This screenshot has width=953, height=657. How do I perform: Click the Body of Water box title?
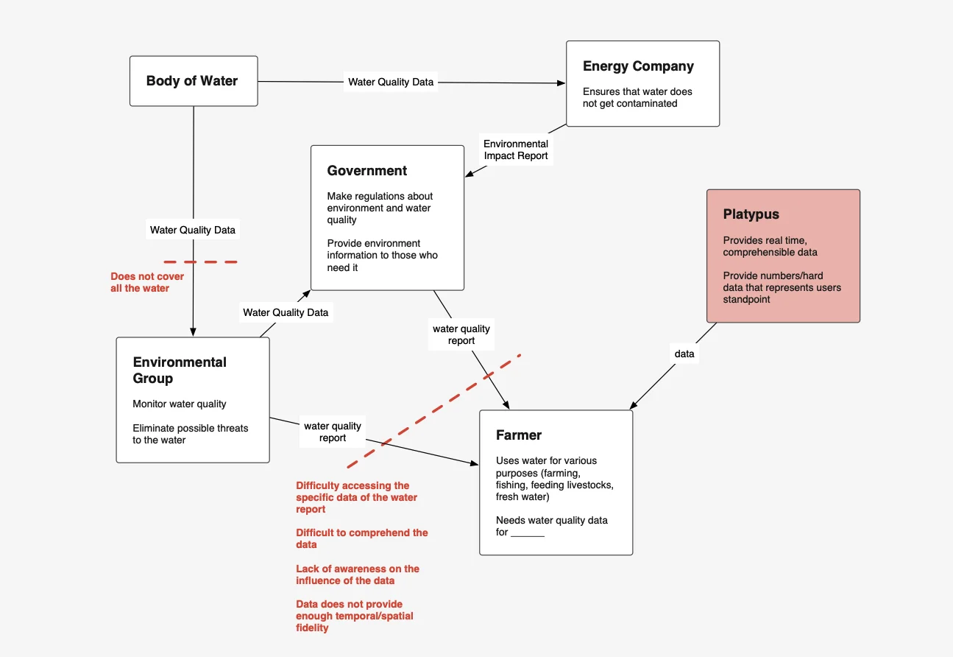click(x=192, y=81)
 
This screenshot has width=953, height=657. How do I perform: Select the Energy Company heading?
click(x=638, y=66)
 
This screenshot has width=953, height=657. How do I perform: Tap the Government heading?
click(x=366, y=171)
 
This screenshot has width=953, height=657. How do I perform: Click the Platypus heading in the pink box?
click(x=751, y=215)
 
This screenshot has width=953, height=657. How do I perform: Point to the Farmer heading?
click(x=519, y=435)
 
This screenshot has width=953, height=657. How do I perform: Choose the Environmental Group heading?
click(x=180, y=370)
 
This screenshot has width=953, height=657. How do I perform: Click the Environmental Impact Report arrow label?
click(x=515, y=150)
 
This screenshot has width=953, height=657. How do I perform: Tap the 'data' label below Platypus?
click(x=684, y=354)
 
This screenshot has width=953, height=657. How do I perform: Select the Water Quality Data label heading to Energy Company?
click(x=391, y=82)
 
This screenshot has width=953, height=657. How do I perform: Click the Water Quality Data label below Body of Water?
click(x=193, y=230)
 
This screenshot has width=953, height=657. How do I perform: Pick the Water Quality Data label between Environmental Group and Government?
click(x=286, y=312)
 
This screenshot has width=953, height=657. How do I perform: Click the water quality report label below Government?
click(x=461, y=334)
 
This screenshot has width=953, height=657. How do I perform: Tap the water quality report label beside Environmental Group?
click(x=333, y=432)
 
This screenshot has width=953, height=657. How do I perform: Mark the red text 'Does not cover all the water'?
click(x=147, y=282)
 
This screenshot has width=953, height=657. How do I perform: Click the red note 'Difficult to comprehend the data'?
click(x=361, y=538)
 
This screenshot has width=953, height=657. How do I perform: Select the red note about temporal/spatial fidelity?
click(x=354, y=616)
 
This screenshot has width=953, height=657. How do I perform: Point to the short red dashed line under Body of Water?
click(x=200, y=261)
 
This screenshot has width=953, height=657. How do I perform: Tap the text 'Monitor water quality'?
click(x=180, y=404)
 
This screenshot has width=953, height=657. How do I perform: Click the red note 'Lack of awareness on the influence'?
click(x=358, y=575)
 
